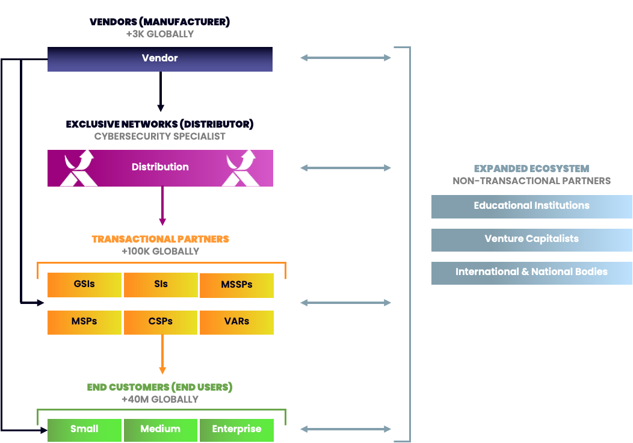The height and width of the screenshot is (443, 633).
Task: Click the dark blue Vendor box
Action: click(x=160, y=59)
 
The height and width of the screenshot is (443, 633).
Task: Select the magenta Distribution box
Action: click(x=160, y=167)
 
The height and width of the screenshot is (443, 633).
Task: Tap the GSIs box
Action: click(x=84, y=285)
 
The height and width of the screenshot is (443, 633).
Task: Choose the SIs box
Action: click(x=161, y=285)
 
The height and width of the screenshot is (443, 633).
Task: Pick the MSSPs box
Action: click(x=236, y=285)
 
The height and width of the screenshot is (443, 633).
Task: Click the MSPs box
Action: click(x=84, y=322)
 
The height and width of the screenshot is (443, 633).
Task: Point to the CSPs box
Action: click(x=161, y=322)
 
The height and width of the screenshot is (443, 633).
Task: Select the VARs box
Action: click(x=236, y=322)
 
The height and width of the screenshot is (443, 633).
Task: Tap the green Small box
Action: click(x=84, y=430)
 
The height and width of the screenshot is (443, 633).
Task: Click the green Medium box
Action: click(x=161, y=430)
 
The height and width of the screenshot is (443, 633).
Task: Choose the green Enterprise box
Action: click(x=236, y=430)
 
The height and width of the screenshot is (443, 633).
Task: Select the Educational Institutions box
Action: click(x=531, y=206)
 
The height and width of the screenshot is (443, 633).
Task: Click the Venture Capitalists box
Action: click(x=531, y=240)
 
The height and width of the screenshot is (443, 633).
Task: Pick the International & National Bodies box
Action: click(x=531, y=273)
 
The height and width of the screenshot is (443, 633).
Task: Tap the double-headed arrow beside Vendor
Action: click(x=345, y=58)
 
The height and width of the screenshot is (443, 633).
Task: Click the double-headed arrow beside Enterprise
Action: click(x=345, y=429)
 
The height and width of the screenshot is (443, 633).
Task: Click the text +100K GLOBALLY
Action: click(x=160, y=251)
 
